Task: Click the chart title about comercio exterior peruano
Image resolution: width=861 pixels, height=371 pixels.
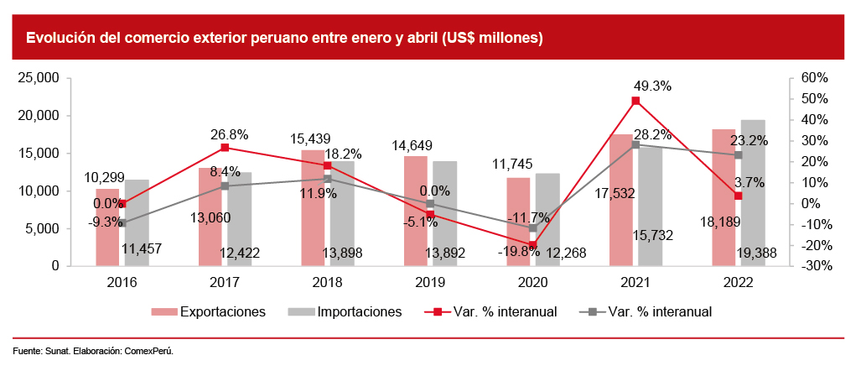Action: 284,38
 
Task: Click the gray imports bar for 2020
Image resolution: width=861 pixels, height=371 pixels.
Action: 547,219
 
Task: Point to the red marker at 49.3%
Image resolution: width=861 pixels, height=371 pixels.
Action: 635,101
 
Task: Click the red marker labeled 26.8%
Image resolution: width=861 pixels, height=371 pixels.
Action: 225,148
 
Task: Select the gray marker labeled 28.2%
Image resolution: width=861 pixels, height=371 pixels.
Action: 635,144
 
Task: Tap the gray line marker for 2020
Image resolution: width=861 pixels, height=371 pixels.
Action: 533,227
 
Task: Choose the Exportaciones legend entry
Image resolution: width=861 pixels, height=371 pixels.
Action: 209,312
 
